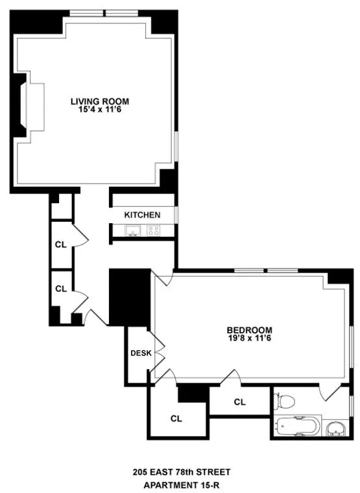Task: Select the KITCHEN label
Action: click(142, 215)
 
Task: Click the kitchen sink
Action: click(133, 230)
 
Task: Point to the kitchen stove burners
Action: click(154, 230)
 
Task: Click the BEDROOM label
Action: click(249, 330)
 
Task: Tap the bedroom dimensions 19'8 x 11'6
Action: click(249, 338)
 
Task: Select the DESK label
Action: click(140, 353)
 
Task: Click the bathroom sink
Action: click(336, 428)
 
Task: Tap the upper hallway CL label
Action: click(60, 245)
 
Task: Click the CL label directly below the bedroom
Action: click(240, 402)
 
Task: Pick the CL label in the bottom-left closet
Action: click(176, 418)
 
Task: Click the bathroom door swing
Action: click(328, 391)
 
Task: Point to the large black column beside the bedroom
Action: click(130, 296)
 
